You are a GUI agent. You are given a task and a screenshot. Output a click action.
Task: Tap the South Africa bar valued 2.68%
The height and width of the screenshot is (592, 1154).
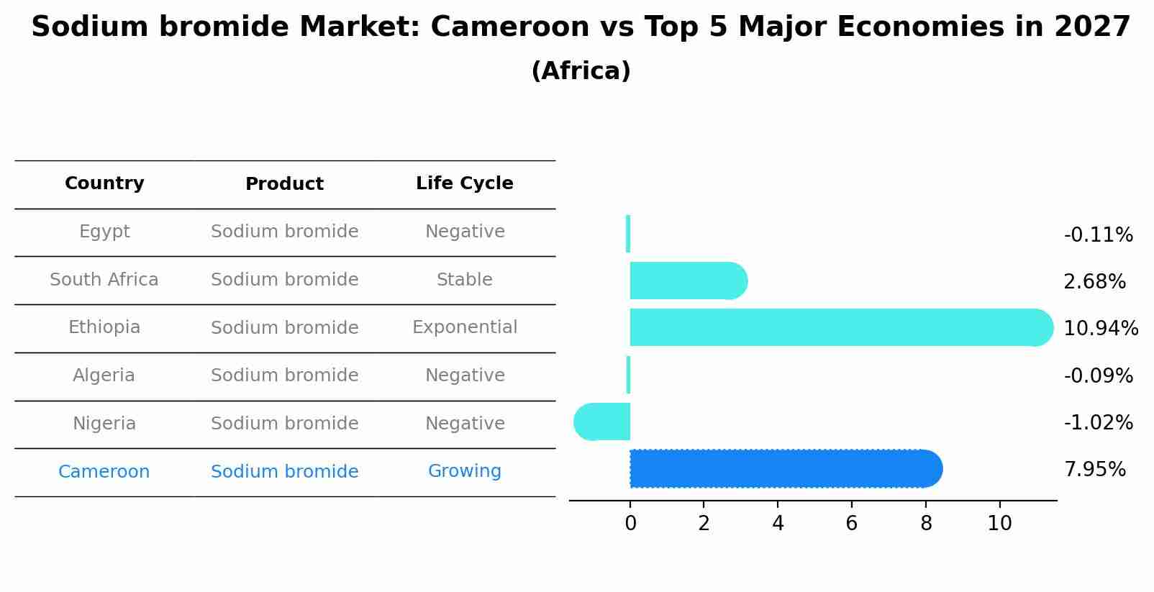click(688, 281)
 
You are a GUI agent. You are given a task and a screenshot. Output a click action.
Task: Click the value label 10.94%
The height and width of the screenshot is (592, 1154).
click(1100, 329)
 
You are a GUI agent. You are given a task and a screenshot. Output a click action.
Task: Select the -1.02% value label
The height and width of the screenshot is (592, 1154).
click(1098, 422)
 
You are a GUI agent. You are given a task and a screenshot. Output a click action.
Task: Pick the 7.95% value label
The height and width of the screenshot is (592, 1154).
click(1094, 470)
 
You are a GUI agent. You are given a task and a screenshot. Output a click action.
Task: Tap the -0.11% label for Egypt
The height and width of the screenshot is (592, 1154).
click(1098, 235)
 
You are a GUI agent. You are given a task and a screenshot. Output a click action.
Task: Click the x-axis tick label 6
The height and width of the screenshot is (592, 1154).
click(851, 524)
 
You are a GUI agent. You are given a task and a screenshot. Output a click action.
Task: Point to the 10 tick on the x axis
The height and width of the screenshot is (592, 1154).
click(999, 524)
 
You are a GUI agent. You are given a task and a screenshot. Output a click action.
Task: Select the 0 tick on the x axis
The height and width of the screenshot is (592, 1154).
click(630, 524)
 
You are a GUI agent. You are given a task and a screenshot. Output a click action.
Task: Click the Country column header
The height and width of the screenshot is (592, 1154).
click(104, 183)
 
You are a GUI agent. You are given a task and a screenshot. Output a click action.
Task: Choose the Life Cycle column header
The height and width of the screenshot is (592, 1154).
click(464, 183)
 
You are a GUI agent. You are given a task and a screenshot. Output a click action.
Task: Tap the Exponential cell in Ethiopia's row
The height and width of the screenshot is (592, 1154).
click(464, 327)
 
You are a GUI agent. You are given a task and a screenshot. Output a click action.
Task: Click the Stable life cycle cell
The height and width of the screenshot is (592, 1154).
click(464, 280)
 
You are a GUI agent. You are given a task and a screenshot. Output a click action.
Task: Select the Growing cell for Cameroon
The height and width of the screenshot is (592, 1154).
click(464, 471)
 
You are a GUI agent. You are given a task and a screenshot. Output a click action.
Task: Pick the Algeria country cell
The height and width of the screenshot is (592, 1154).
click(104, 375)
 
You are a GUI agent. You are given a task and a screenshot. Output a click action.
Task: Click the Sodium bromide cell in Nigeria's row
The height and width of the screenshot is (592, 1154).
click(284, 424)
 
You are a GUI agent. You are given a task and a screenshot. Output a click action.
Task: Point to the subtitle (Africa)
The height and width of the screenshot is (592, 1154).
click(581, 71)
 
